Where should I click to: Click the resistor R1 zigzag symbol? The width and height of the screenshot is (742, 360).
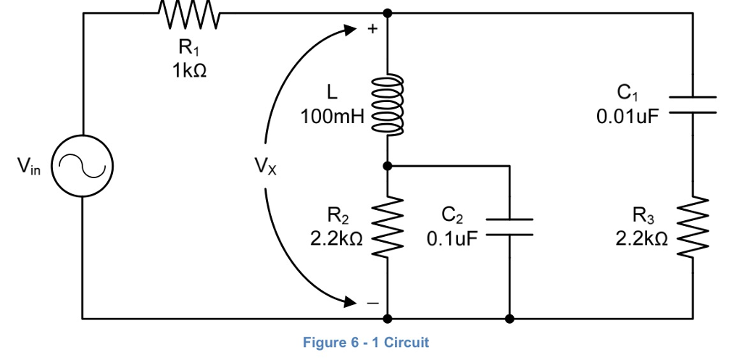188,14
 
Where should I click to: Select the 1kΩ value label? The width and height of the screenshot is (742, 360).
188,71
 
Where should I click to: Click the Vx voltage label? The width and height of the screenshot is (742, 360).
265,167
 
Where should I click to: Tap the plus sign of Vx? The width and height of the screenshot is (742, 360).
373,30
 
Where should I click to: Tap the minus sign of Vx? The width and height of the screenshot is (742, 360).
372,302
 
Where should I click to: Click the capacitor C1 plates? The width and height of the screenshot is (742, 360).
693,105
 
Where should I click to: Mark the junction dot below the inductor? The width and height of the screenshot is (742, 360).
388,166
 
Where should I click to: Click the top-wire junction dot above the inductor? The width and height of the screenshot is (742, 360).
388,13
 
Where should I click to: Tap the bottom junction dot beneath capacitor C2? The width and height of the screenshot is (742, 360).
510,318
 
